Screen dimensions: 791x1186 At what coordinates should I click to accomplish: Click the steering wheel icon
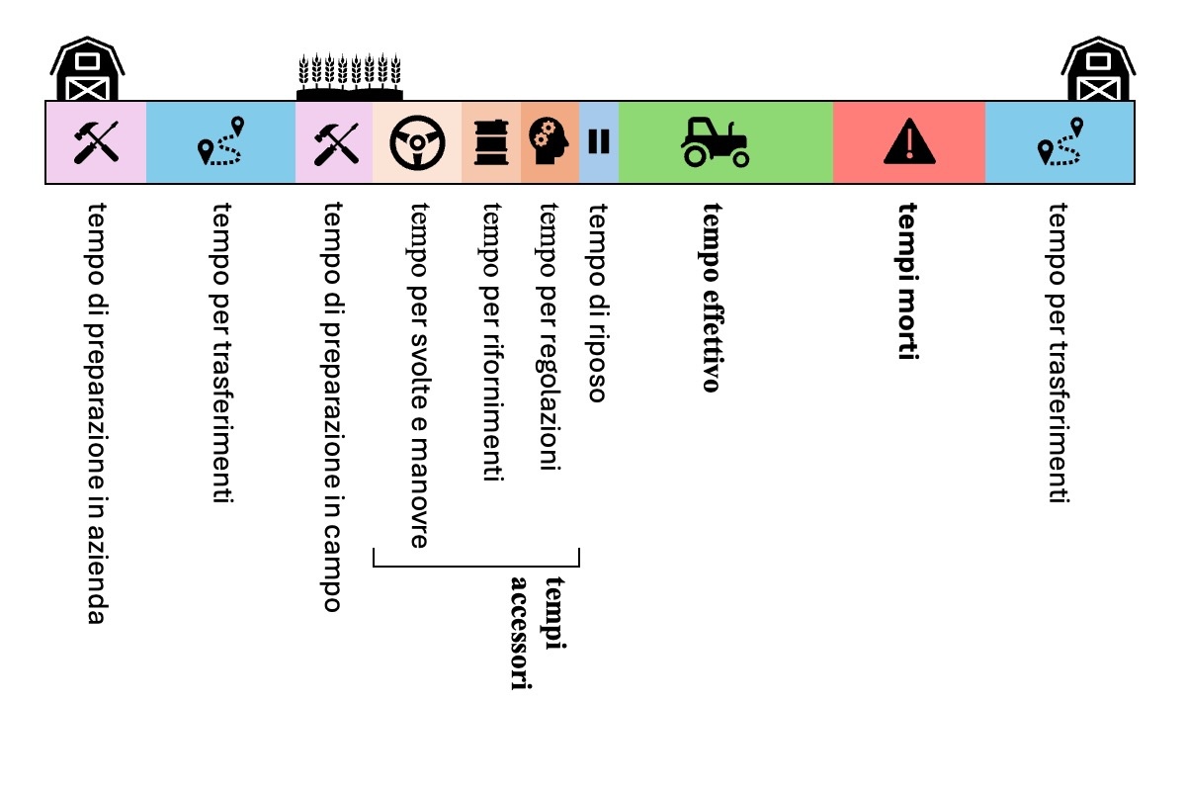pyautogui.click(x=417, y=142)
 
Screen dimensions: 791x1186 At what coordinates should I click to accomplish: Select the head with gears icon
pyautogui.click(x=550, y=142)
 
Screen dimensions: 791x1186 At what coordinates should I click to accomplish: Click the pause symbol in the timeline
pyautogui.click(x=599, y=142)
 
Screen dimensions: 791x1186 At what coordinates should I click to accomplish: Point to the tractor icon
pyautogui.click(x=715, y=141)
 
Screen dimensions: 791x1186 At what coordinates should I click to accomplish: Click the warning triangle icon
pyautogui.click(x=909, y=142)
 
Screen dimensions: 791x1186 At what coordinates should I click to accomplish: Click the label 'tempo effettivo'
pyautogui.click(x=711, y=297)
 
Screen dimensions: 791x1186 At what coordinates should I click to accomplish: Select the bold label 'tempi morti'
pyautogui.click(x=908, y=282)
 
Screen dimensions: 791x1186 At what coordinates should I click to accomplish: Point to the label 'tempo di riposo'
pyautogui.click(x=597, y=303)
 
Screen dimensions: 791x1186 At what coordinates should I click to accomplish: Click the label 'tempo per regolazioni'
pyautogui.click(x=550, y=336)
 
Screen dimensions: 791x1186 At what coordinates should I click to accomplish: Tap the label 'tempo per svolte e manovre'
pyautogui.click(x=418, y=375)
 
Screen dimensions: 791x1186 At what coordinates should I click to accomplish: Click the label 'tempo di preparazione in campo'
pyautogui.click(x=333, y=406)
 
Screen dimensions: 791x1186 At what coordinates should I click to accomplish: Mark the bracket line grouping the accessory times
pyautogui.click(x=474, y=566)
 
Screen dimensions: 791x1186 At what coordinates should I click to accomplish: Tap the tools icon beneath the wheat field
pyautogui.click(x=333, y=142)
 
